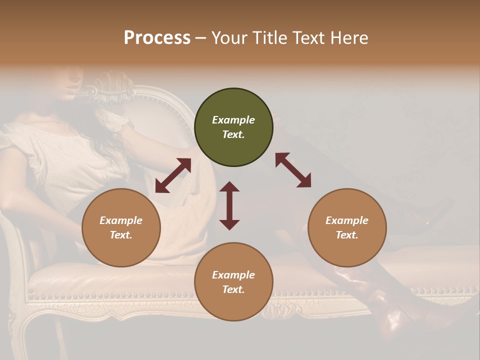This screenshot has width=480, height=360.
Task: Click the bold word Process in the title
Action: [x=157, y=37]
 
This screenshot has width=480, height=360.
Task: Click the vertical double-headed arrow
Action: [x=229, y=205]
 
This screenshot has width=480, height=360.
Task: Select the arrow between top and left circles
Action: [x=173, y=175]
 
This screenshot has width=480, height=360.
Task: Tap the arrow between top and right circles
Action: [x=293, y=170]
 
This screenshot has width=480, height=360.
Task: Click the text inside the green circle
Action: [x=233, y=127]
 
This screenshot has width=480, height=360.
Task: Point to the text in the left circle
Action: [x=121, y=227]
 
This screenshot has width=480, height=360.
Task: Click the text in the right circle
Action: [x=346, y=227]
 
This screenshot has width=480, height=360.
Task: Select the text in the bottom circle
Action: [x=233, y=282]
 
